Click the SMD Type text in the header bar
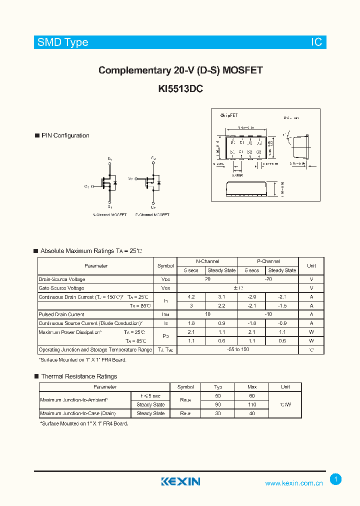click(62, 42)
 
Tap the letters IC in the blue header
click(317, 42)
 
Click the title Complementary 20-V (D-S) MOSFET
click(180, 70)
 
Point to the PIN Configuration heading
click(65, 135)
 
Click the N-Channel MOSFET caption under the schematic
click(109, 214)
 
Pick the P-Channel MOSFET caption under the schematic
click(152, 214)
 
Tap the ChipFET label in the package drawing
click(229, 115)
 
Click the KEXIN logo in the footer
click(180, 481)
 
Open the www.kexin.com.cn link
click(294, 483)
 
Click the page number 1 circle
click(336, 479)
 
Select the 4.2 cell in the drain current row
click(191, 297)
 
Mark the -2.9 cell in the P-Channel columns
click(251, 297)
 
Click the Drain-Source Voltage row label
click(62, 279)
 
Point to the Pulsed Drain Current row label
click(61, 314)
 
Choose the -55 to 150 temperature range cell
click(238, 350)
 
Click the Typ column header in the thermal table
click(218, 387)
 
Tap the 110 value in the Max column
click(252, 404)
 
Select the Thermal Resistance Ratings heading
click(79, 376)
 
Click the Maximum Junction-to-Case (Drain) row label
click(77, 413)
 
